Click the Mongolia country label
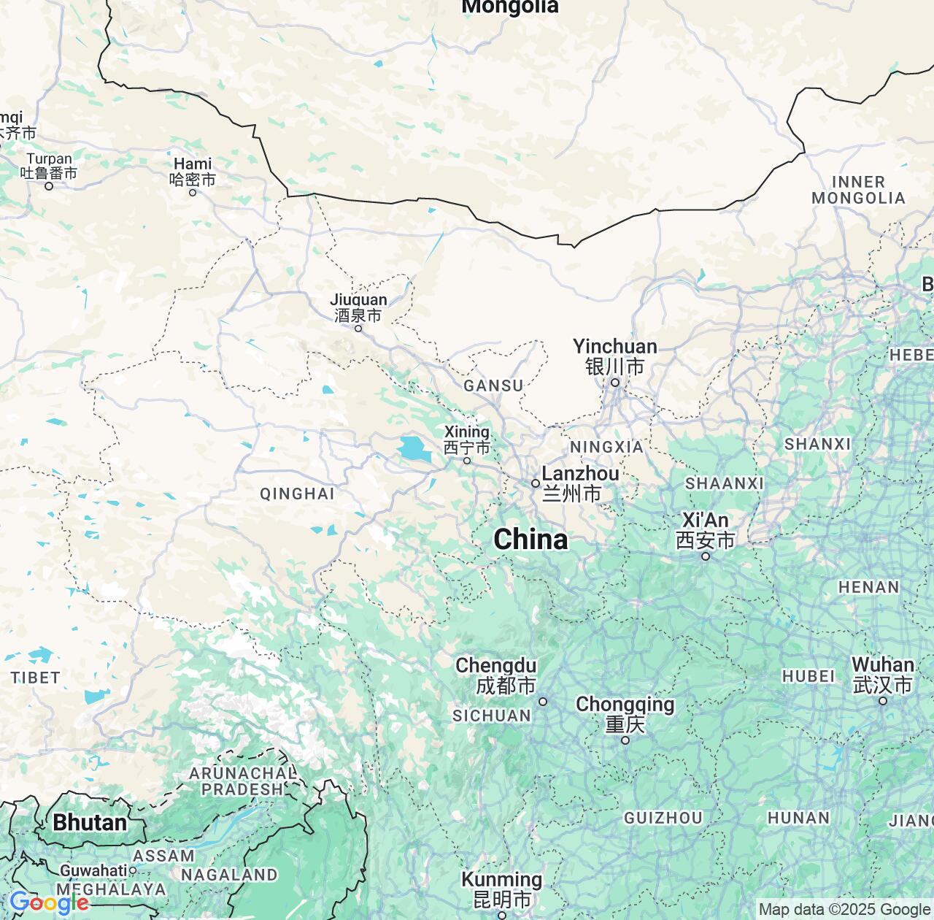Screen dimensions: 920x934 [510, 7]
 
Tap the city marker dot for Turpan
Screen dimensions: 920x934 [49, 186]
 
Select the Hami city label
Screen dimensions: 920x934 [193, 171]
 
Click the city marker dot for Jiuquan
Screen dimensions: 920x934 [358, 329]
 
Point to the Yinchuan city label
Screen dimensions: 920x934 [615, 356]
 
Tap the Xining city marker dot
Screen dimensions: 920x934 [467, 461]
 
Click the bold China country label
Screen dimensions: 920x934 [530, 540]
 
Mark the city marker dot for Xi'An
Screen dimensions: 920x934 [706, 556]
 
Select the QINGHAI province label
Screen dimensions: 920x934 [297, 494]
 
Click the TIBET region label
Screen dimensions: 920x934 [35, 678]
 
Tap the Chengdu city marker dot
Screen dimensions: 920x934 [543, 702]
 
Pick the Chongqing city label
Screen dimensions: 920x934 [625, 713]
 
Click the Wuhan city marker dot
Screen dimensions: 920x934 [883, 701]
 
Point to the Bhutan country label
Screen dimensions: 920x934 [90, 823]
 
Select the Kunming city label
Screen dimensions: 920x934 [502, 889]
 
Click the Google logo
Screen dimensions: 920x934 [49, 903]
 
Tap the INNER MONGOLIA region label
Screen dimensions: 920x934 [858, 190]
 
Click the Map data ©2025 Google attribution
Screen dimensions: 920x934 [844, 910]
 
